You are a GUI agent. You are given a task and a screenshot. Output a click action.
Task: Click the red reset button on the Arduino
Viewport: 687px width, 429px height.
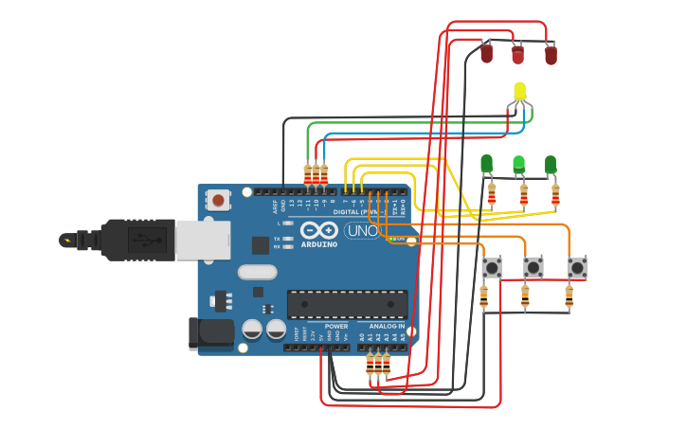(x=219, y=200)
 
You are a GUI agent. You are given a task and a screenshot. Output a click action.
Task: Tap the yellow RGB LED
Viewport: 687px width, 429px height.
(x=519, y=93)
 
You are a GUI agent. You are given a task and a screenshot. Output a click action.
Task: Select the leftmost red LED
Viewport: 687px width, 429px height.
(x=486, y=53)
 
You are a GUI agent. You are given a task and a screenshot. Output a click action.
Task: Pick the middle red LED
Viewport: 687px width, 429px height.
(x=517, y=55)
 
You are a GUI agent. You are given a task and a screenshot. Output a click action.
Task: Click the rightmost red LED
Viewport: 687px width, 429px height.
(x=551, y=55)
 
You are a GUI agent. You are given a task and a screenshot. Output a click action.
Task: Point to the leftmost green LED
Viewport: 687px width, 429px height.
(x=486, y=164)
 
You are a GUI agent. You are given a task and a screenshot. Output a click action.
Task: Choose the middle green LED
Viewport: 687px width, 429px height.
(x=518, y=165)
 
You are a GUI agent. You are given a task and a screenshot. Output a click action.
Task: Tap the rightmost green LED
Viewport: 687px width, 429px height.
(x=551, y=165)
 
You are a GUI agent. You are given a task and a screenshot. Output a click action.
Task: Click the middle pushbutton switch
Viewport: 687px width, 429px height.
(x=533, y=268)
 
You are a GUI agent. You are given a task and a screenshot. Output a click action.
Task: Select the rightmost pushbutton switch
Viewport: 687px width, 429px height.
(x=576, y=268)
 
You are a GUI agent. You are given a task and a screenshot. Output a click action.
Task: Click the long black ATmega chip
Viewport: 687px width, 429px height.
(x=347, y=304)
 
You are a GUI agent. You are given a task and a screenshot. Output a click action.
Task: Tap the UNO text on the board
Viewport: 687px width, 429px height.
(x=361, y=230)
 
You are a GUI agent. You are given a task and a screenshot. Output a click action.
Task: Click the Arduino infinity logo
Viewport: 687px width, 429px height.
(x=319, y=230)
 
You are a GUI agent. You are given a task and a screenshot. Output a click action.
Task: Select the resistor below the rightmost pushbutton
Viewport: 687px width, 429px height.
(x=569, y=297)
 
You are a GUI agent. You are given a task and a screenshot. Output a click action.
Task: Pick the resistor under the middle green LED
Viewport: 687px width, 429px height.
(x=523, y=195)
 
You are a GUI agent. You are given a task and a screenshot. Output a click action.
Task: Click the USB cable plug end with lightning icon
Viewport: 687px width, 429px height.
(x=68, y=241)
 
